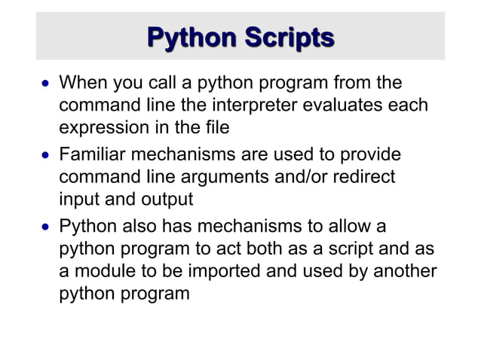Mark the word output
[167, 200]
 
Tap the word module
[101, 272]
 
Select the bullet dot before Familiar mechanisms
[45, 155]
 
